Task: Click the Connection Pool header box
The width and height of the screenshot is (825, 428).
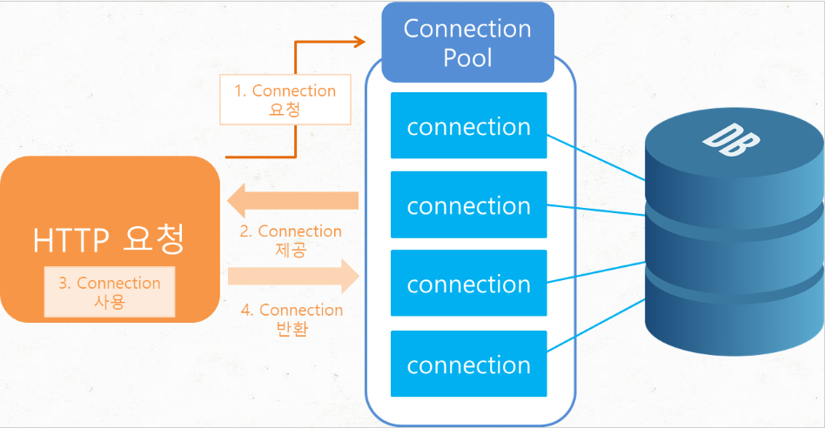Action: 467,42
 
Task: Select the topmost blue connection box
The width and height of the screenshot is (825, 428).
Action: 468,126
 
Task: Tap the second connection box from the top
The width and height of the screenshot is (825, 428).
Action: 468,205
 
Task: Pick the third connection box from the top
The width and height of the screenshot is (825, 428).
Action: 468,284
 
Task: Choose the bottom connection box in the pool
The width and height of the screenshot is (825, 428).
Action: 468,364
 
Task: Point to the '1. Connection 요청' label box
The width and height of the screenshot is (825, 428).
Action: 285,100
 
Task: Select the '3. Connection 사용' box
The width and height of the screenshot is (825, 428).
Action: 110,292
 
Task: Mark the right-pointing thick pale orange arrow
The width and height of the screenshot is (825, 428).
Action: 294,277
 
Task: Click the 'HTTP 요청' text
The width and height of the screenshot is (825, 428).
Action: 109,239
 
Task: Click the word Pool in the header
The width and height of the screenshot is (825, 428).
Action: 467,57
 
